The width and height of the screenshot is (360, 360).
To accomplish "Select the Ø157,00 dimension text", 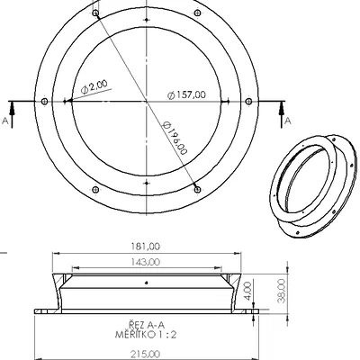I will [x=187, y=94].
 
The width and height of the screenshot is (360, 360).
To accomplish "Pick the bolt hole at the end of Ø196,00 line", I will [x=198, y=187].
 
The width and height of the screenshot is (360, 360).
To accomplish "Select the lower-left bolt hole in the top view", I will [x=95, y=188].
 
